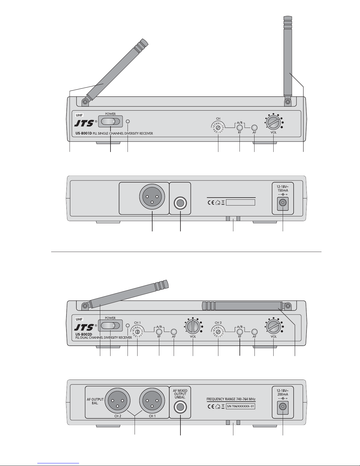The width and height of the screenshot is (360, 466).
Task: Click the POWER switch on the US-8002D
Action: pos(110,326)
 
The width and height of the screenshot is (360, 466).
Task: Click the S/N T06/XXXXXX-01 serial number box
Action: pos(240,406)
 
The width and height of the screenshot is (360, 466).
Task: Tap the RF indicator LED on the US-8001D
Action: pos(240,128)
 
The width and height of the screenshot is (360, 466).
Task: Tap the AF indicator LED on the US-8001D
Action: pos(254,128)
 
